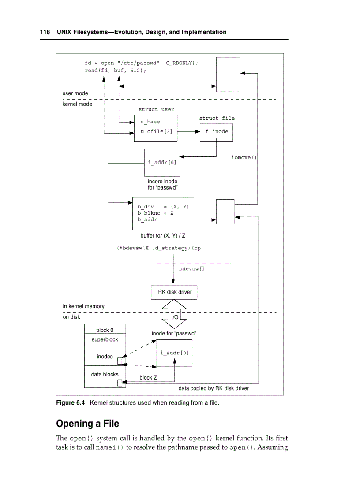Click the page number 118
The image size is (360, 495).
coord(45,32)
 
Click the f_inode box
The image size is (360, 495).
coord(217,131)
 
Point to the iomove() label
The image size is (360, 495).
coord(244,157)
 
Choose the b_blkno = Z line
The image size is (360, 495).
coord(155,213)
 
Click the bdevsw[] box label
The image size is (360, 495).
coord(191,268)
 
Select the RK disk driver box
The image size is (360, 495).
coord(175,292)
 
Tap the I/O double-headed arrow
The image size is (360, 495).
coord(175,317)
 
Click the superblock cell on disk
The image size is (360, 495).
coord(105,340)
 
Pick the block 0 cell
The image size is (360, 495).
coord(105,330)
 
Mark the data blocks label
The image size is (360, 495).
coord(105,374)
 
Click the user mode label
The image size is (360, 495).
coord(75,93)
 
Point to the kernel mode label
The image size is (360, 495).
coord(77,104)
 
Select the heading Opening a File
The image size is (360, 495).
coord(87,424)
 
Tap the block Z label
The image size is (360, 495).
coord(148,378)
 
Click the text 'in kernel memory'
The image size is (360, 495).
coord(84,306)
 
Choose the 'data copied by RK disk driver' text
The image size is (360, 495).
coord(214,388)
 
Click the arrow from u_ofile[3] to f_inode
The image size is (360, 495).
coord(188,131)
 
